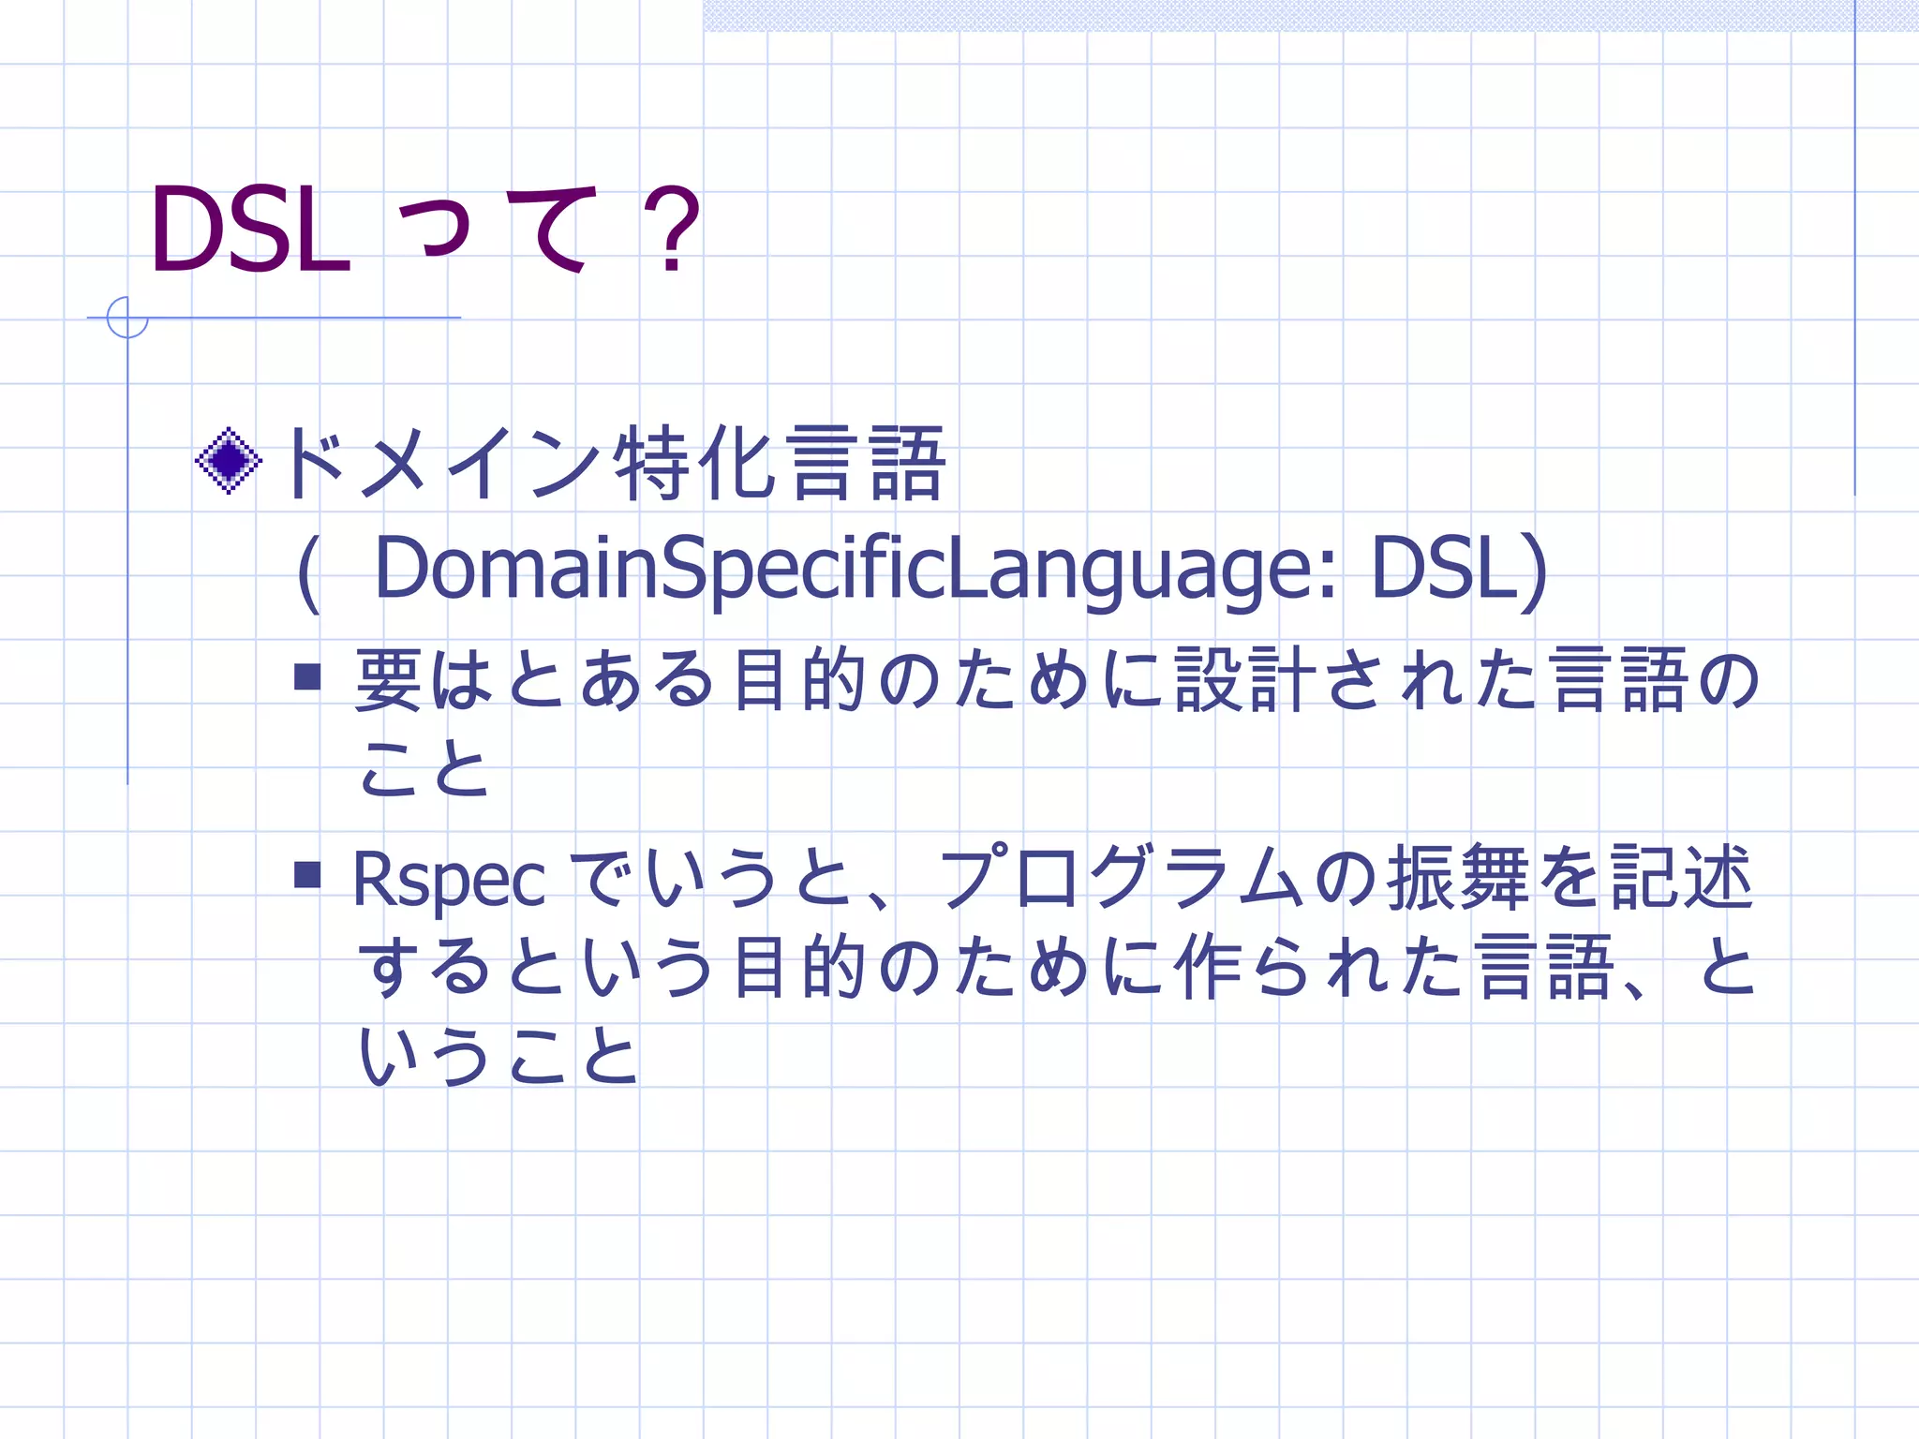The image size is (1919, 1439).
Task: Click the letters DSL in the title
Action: [250, 230]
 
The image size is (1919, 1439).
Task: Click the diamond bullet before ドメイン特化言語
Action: [228, 460]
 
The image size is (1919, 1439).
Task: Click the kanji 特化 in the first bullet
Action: [694, 462]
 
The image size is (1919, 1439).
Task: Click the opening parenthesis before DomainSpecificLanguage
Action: [308, 571]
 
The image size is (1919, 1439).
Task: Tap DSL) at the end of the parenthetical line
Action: [1458, 569]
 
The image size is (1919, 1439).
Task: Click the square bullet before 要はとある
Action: [307, 676]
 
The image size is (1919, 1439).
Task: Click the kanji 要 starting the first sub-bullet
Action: [389, 679]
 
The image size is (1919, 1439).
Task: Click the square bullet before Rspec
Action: [307, 874]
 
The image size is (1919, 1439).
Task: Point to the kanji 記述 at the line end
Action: [1681, 878]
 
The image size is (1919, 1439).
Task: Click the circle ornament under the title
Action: [127, 317]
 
